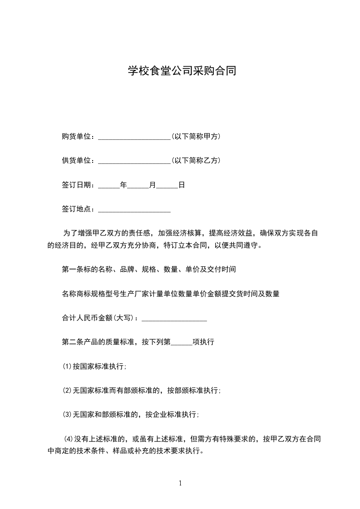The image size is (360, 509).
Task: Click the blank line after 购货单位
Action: point(134,137)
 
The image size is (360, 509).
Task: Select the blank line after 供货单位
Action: point(134,162)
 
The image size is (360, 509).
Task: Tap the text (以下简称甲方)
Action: point(196,136)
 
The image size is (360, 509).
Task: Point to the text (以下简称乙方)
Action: point(196,161)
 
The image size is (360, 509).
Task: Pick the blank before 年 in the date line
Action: point(108,186)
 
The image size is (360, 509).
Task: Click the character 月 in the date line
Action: point(153,185)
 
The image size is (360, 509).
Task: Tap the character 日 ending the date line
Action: point(181,185)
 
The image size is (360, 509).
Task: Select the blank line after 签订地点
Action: point(134,210)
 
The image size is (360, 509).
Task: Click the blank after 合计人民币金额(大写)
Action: point(174,319)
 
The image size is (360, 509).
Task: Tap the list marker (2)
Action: point(67,390)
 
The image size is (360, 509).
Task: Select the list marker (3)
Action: point(67,414)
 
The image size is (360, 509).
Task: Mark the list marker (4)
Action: point(69,439)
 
